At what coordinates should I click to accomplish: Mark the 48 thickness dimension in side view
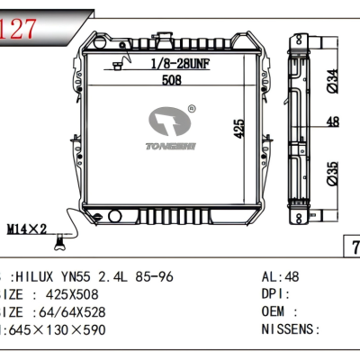pyautogui.click(x=332, y=121)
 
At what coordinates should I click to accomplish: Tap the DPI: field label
pyautogui.click(x=274, y=293)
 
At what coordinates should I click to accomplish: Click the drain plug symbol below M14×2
pyautogui.click(x=60, y=240)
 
